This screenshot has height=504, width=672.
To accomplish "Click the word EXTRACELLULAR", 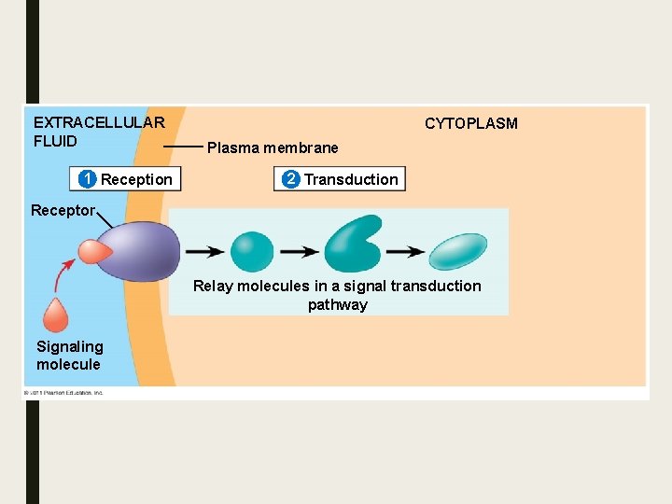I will tap(99, 122).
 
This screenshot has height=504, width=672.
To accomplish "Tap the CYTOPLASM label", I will tap(470, 123).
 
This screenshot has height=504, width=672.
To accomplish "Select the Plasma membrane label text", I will tap(273, 147).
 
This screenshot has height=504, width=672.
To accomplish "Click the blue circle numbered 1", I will tap(88, 179).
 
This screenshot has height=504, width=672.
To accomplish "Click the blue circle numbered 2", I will tap(291, 179).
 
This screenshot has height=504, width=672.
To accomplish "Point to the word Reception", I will tap(136, 179).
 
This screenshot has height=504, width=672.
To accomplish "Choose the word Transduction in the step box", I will tap(351, 179).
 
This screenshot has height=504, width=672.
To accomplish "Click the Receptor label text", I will tap(63, 210).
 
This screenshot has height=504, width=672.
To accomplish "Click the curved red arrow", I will tap(65, 276).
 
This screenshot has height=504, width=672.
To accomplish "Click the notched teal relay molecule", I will tap(352, 245).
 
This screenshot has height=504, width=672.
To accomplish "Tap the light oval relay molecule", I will tap(457, 252).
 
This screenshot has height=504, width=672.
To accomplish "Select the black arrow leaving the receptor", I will tap(203, 252).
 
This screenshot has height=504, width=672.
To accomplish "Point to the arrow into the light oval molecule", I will tap(405, 252).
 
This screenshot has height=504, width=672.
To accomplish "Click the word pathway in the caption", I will tap(338, 304).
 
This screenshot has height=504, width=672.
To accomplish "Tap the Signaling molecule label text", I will tap(69, 356).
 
